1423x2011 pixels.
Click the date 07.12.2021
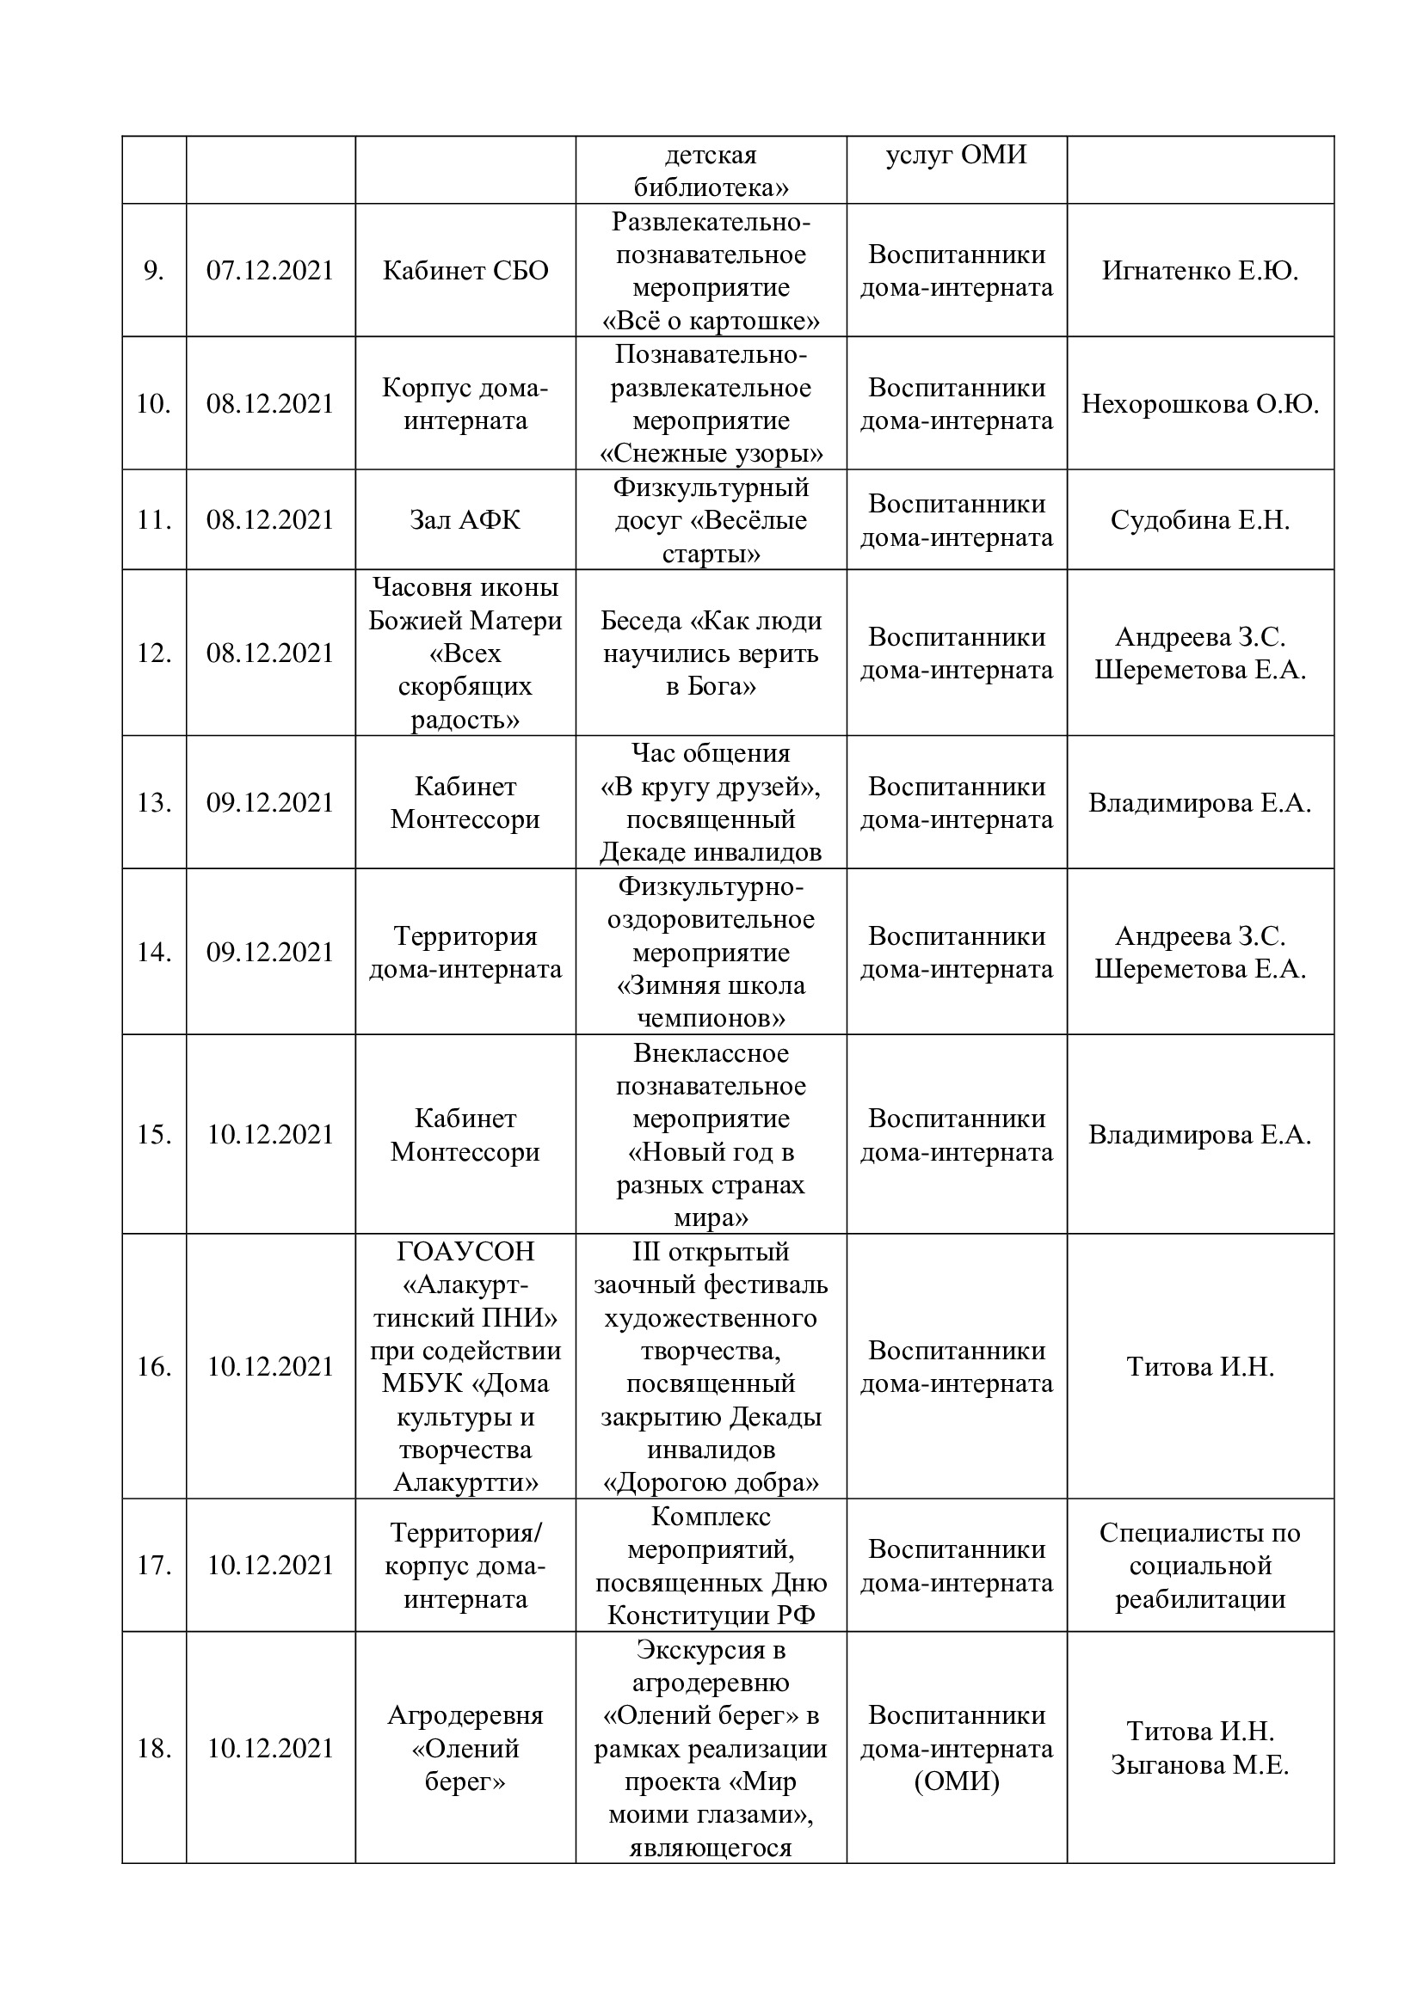[270, 271]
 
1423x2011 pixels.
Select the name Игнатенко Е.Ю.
[1199, 271]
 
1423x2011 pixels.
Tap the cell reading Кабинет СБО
[465, 271]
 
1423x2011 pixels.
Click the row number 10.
[153, 404]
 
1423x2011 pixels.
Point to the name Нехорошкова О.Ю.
[1199, 404]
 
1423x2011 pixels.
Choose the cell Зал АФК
[465, 520]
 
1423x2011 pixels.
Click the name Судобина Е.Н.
[1199, 520]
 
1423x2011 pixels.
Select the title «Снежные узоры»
[711, 454]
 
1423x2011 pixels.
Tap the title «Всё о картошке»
[711, 322]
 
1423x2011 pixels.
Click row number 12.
[153, 653]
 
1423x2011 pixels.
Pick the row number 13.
[153, 803]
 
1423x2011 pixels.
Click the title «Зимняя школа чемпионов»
[711, 1002]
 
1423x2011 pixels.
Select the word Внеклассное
[711, 1053]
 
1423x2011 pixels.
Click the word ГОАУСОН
[465, 1252]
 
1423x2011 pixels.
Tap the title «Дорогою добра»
[711, 1483]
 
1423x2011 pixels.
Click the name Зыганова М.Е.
[1199, 1765]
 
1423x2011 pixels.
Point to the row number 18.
[153, 1748]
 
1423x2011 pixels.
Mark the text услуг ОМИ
[956, 155]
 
